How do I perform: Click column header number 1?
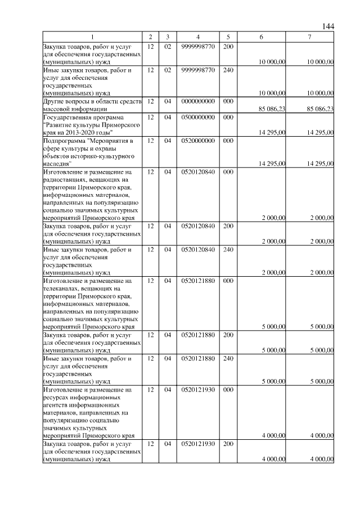point(92,37)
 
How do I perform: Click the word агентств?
point(57,404)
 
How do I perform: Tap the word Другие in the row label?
point(55,101)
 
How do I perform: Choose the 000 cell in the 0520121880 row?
point(228,280)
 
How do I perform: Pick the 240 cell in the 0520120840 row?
point(228,249)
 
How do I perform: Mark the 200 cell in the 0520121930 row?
point(228,444)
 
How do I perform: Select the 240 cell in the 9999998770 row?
point(228,70)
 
